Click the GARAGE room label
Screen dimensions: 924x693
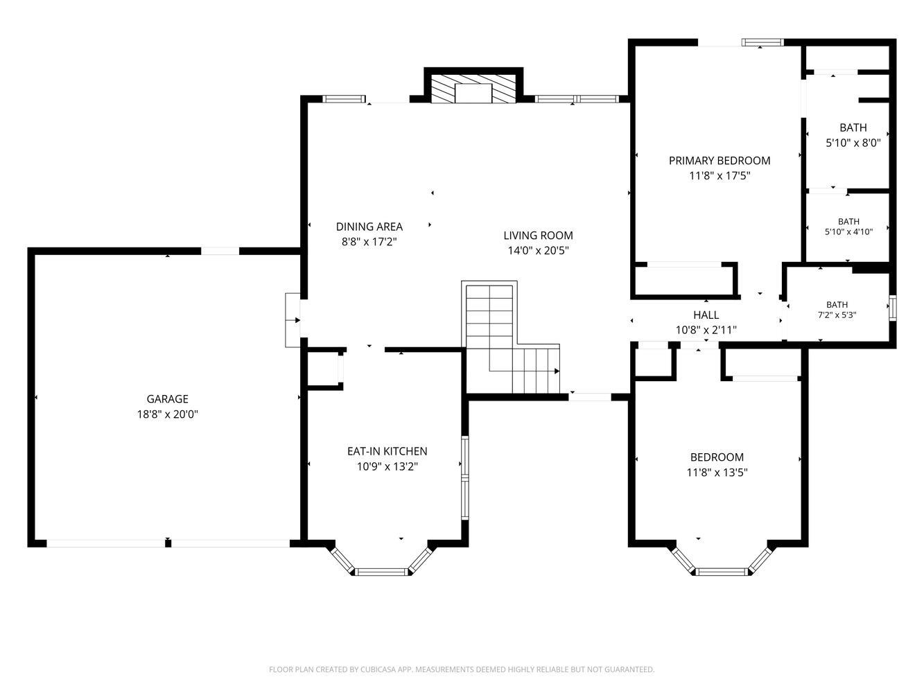[x=167, y=398]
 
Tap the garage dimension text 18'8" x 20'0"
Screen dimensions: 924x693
[x=167, y=414]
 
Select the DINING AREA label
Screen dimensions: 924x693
[x=369, y=227]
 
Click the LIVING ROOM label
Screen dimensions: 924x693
[x=538, y=235]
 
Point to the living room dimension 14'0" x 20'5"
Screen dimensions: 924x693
[x=538, y=250]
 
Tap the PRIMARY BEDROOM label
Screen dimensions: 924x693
[x=720, y=160]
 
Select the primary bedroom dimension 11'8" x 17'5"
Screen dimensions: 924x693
[x=720, y=175]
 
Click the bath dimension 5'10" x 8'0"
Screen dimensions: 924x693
[x=853, y=143]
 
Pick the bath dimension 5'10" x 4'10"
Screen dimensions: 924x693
[x=848, y=231]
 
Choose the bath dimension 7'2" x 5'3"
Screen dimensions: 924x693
[x=837, y=315]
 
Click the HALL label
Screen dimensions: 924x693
[x=706, y=315]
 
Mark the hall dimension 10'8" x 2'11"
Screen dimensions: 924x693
[x=706, y=330]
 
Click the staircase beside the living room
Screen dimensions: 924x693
[x=512, y=339]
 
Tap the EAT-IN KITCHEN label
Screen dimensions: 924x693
[x=387, y=451]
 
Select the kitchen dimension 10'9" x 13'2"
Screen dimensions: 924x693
[x=387, y=466]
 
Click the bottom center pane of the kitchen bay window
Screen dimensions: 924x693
[x=381, y=572]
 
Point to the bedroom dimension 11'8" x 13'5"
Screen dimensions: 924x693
[x=717, y=472]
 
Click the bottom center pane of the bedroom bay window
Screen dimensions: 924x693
[x=722, y=572]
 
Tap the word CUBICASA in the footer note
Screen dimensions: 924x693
[x=378, y=669]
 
